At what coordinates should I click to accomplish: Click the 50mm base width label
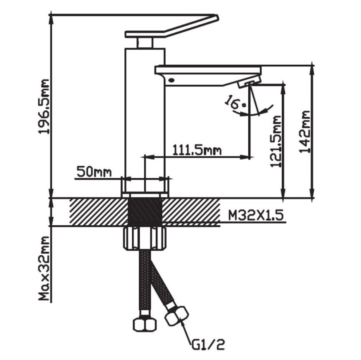(x=94, y=171)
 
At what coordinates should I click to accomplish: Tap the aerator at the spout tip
(x=249, y=82)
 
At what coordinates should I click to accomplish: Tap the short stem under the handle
(x=145, y=43)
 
